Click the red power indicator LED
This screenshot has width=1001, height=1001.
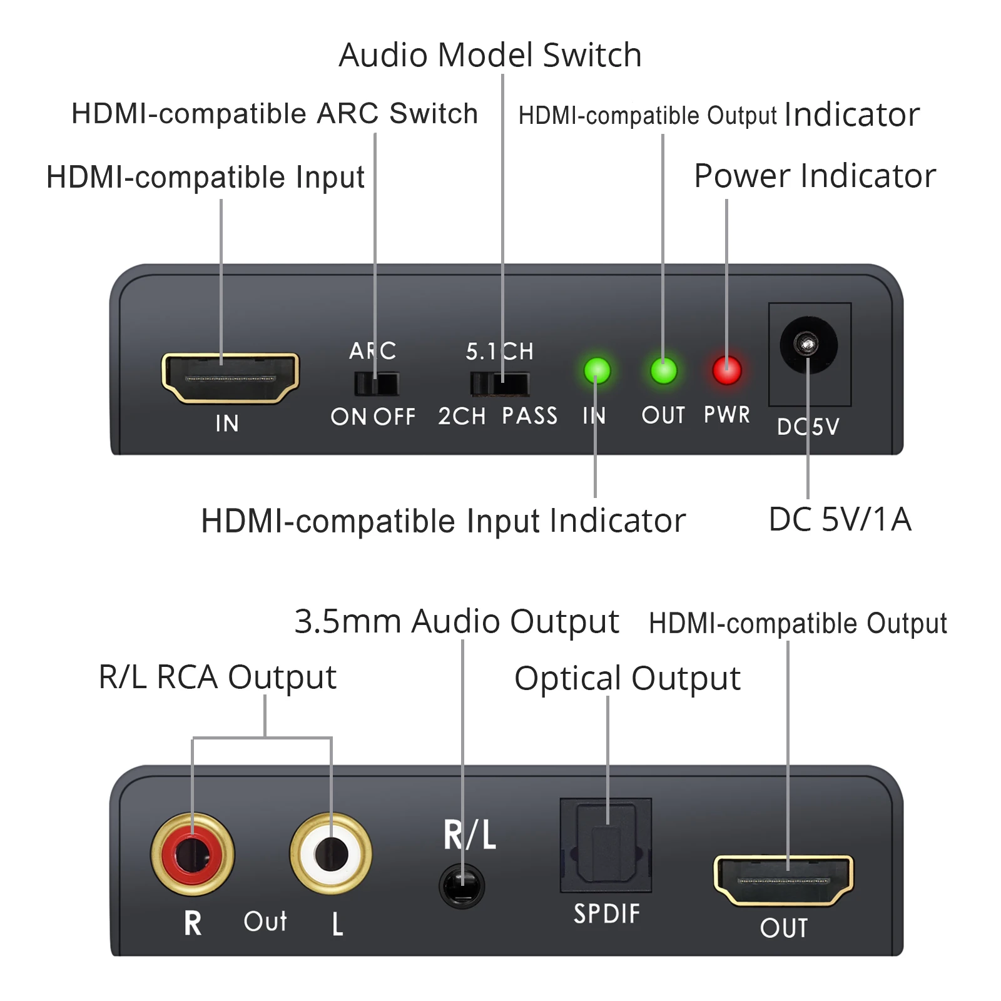tap(726, 370)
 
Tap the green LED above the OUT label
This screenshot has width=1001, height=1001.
tap(663, 370)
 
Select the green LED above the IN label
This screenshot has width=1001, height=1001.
tap(597, 370)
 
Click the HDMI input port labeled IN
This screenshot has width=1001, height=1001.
tap(230, 378)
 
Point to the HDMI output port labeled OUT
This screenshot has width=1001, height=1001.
tap(783, 880)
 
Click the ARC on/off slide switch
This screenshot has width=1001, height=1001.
tap(376, 384)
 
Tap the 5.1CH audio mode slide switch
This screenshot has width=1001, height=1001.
tap(499, 384)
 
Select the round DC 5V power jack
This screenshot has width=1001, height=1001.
tap(808, 345)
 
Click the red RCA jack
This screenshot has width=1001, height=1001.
tap(193, 854)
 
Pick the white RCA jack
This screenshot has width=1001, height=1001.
tap(331, 854)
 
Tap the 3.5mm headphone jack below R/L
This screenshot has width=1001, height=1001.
tap(462, 887)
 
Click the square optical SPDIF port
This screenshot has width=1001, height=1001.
tap(606, 845)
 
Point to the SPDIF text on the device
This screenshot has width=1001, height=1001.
tap(607, 913)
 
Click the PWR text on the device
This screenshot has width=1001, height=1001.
tap(726, 414)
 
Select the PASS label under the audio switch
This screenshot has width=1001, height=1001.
tap(529, 415)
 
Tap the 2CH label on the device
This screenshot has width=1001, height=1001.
tap(462, 416)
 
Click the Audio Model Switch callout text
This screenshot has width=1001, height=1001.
tap(490, 55)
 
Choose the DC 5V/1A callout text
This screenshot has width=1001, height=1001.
tap(840, 519)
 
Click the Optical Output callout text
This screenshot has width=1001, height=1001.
tap(627, 679)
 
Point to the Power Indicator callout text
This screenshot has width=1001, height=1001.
tap(815, 176)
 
